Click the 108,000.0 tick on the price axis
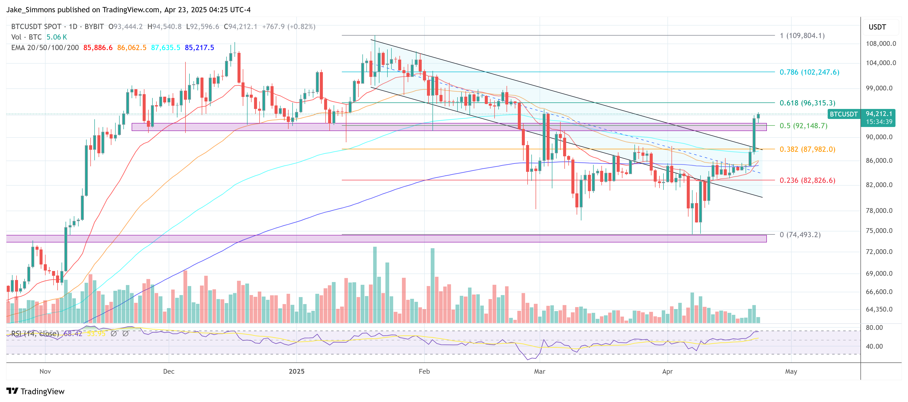click(880, 44)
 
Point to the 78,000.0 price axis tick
click(880, 211)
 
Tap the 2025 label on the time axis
click(296, 371)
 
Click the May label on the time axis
click(791, 371)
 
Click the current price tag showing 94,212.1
click(879, 114)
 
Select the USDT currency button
click(877, 27)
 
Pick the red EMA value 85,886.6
click(98, 48)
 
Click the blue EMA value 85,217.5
click(199, 48)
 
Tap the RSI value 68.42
click(73, 334)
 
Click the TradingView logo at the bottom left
click(35, 391)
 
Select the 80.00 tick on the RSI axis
click(874, 328)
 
